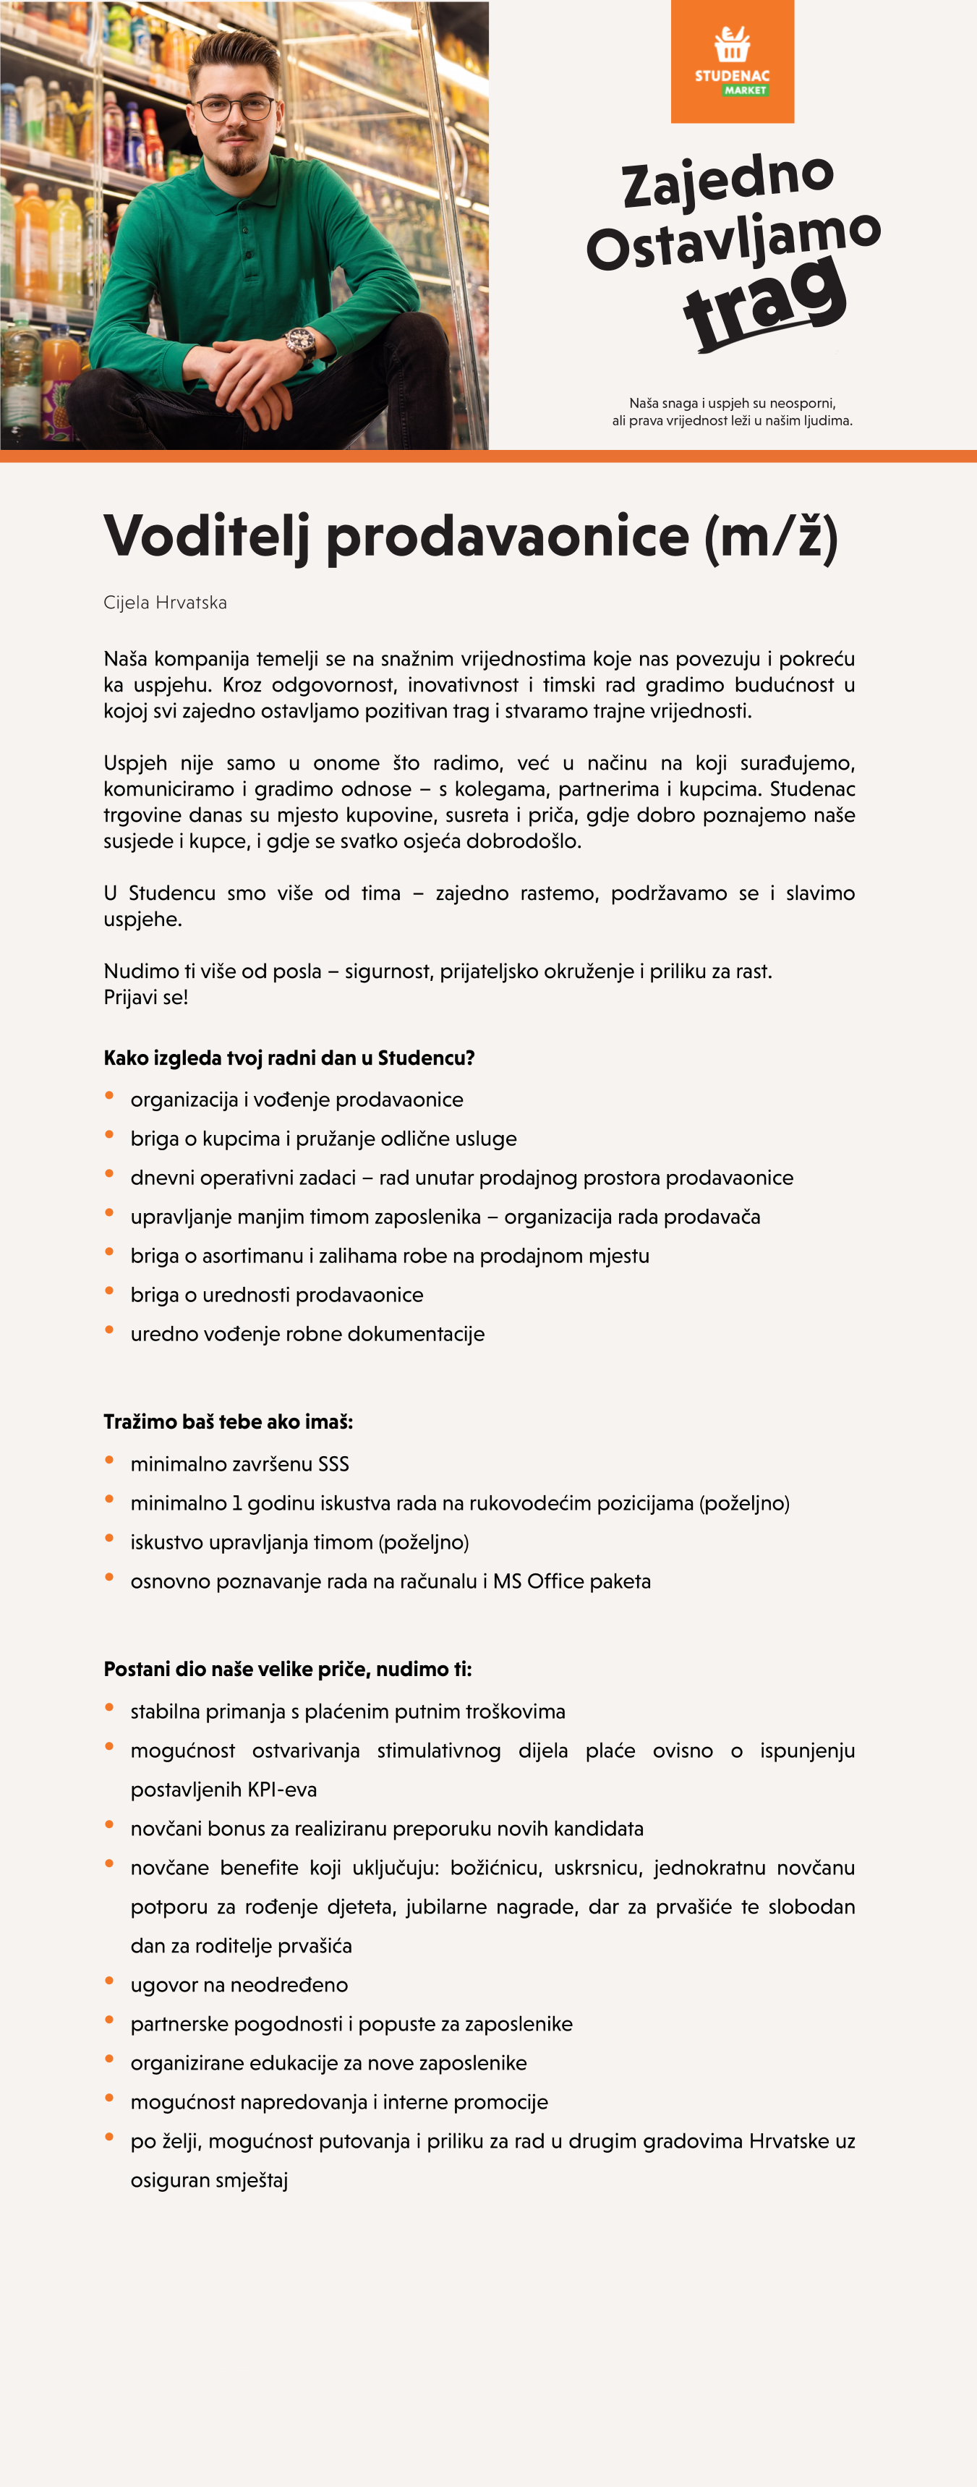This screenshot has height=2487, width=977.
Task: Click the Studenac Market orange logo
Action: [x=732, y=61]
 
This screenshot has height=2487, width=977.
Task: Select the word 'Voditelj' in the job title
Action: [x=207, y=537]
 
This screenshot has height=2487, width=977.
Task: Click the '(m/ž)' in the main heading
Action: [x=770, y=537]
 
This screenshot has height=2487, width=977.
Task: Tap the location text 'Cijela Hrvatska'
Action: [x=165, y=603]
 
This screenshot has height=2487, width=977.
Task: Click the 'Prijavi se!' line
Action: [x=146, y=998]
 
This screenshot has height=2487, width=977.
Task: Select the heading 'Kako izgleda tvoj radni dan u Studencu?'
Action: [x=289, y=1058]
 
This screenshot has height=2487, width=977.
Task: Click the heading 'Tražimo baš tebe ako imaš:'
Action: [x=228, y=1422]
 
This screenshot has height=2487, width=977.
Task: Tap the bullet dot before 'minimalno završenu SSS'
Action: [x=109, y=1461]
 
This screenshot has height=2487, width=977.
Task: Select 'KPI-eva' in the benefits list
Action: [x=282, y=1790]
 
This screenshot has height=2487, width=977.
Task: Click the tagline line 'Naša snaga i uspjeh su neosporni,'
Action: [x=732, y=404]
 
